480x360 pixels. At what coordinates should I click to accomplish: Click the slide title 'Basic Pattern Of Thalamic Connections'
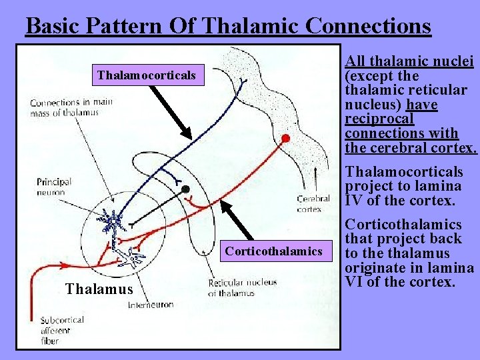click(228, 26)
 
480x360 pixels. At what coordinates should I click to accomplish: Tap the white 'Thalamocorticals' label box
click(147, 75)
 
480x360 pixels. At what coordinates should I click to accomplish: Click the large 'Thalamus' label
click(99, 289)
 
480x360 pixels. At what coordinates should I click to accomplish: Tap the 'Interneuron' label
click(150, 305)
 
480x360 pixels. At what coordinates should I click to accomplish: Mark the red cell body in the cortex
click(285, 139)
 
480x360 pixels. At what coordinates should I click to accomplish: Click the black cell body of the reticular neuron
click(186, 189)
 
